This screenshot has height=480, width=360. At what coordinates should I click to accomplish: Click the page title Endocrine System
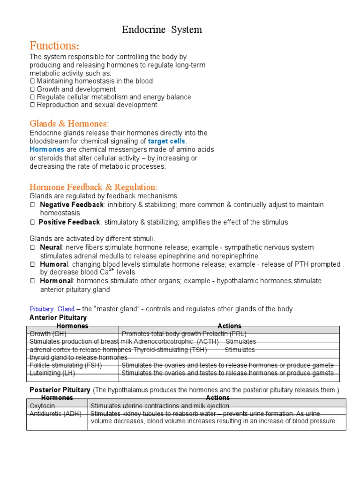[x=162, y=30]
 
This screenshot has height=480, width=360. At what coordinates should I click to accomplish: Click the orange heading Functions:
[x=54, y=46]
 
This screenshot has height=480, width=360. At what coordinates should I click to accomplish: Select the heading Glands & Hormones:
[x=69, y=124]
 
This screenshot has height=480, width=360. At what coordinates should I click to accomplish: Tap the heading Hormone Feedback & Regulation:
[x=94, y=187]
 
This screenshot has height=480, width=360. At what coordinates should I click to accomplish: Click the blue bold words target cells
[x=167, y=141]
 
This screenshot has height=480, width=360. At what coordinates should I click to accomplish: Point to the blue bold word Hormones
[x=47, y=150]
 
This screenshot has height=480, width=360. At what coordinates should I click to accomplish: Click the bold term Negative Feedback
[x=72, y=205]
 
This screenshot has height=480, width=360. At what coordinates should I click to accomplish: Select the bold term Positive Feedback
[x=69, y=222]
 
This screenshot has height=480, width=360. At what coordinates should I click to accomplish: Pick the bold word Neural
[x=51, y=247]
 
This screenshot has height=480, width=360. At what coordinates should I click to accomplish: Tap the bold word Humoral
[x=53, y=264]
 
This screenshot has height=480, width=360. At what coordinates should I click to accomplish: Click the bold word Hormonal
[x=56, y=281]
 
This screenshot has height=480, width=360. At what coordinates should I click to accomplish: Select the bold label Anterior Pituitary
[x=58, y=317]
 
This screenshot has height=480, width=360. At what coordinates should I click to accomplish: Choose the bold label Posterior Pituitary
[x=60, y=390]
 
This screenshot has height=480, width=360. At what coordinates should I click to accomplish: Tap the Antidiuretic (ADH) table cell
[x=55, y=413]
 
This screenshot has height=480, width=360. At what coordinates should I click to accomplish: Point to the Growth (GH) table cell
[x=48, y=334]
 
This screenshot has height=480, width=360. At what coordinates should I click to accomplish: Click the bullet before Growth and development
[x=32, y=89]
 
